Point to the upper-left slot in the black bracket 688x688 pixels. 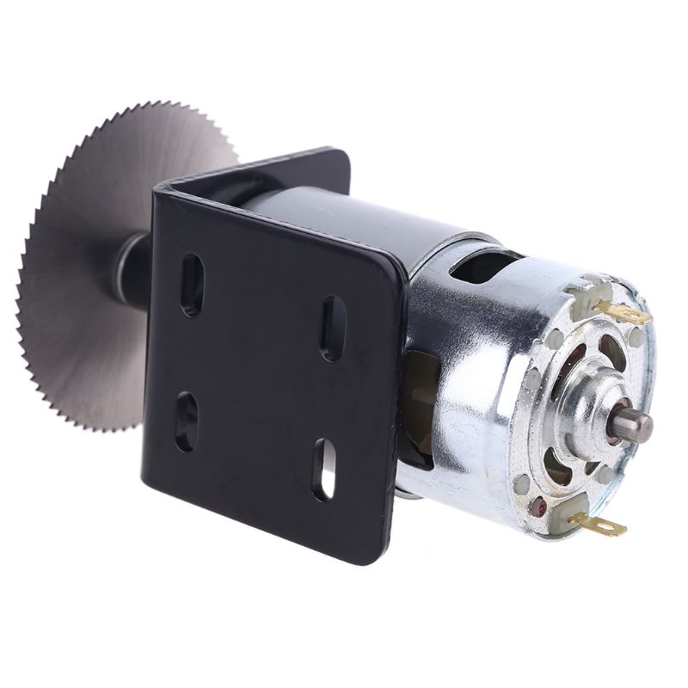193,284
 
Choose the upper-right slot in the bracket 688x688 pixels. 333,328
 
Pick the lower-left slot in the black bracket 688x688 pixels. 187,421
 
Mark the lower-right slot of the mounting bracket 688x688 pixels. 324,469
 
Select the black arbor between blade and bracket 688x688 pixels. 133,271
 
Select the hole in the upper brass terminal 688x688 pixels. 636,316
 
